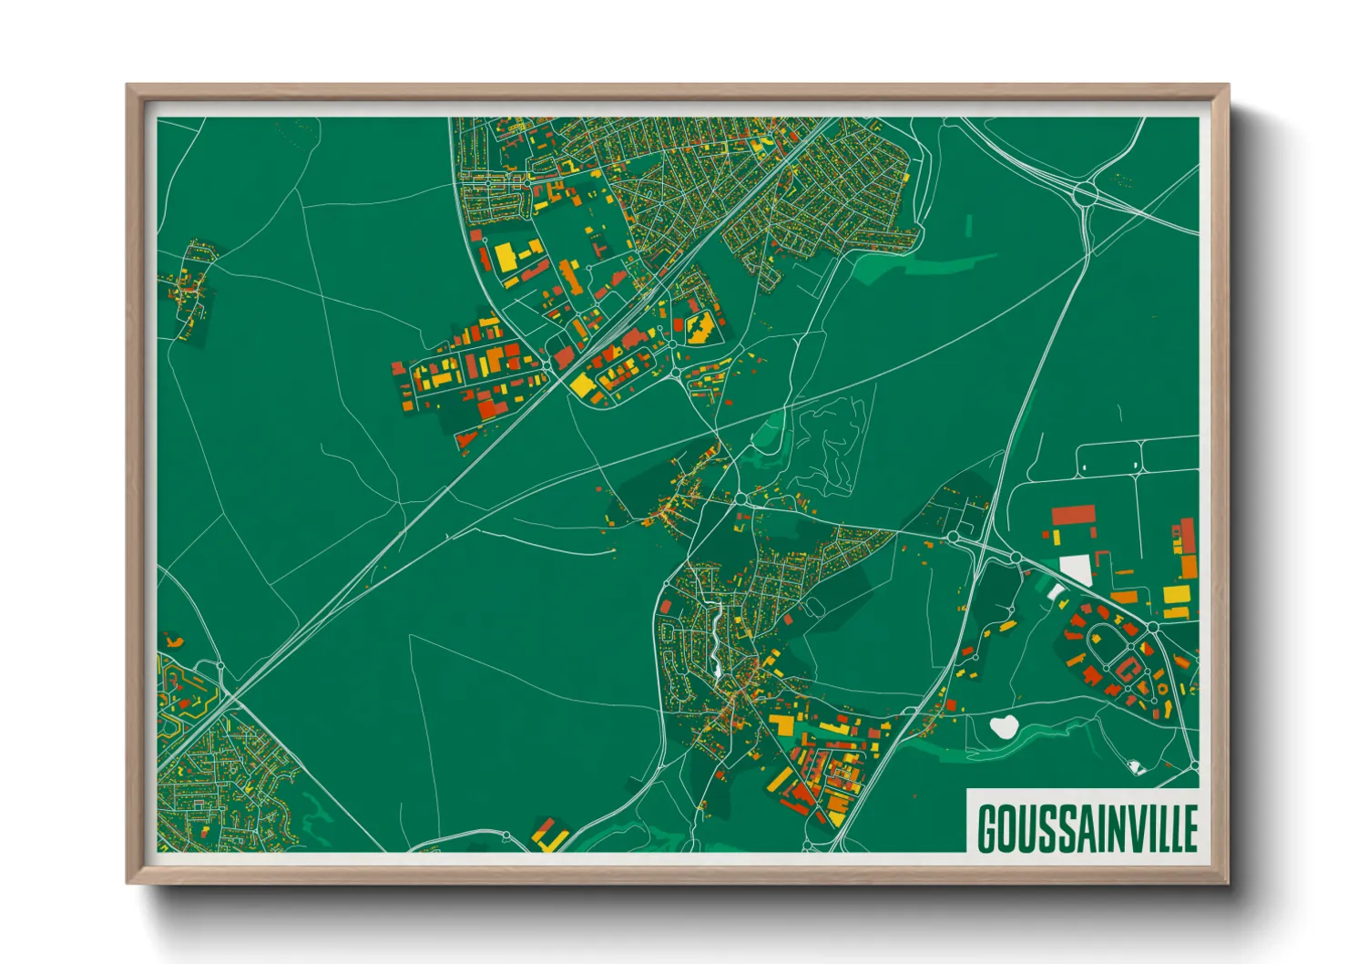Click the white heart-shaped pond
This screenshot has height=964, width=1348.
click(1004, 726)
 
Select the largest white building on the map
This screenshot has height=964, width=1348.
click(1076, 569)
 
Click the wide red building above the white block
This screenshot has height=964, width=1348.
click(1072, 515)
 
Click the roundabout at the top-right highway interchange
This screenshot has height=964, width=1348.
click(1084, 192)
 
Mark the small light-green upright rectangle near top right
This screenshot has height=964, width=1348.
click(969, 224)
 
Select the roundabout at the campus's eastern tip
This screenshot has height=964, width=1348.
click(1152, 628)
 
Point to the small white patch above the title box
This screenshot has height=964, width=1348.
click(1134, 767)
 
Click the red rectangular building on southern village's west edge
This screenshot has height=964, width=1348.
click(665, 606)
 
